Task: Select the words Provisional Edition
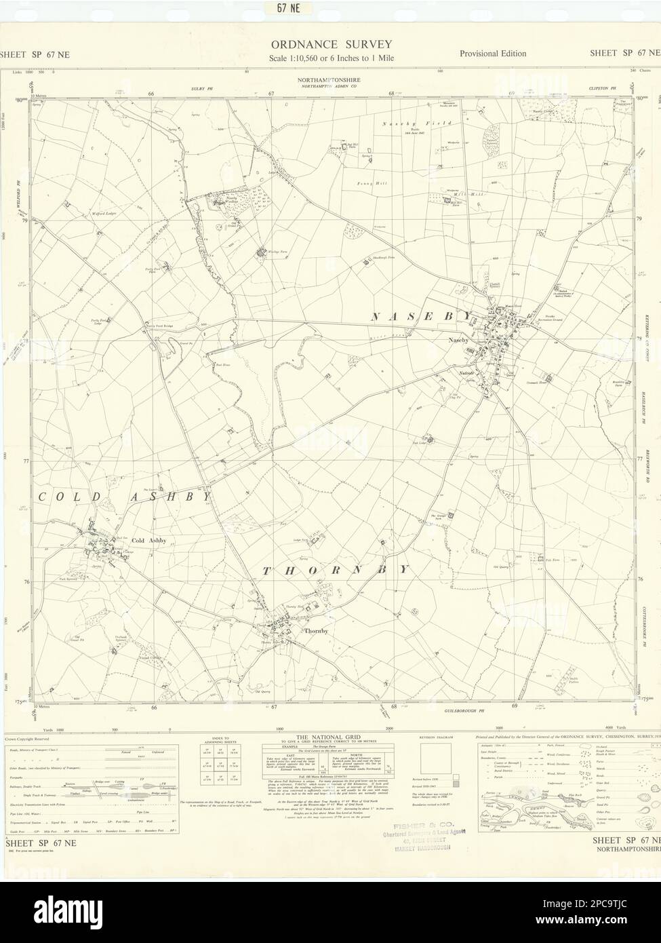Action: point(492,54)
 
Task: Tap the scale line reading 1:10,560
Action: point(330,57)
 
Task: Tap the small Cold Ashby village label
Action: point(148,540)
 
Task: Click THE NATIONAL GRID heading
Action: point(332,736)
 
